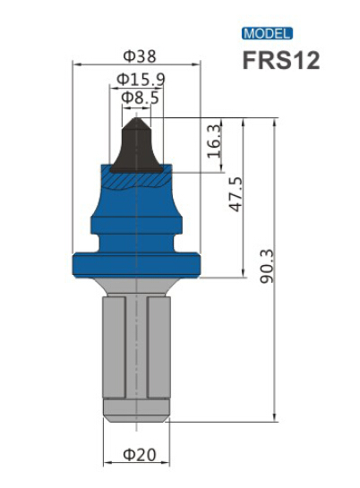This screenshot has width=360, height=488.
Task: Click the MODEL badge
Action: [267, 34]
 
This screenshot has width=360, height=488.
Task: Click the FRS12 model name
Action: [279, 61]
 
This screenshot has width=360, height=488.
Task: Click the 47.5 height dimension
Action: [236, 194]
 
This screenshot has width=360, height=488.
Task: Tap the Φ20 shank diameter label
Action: [139, 454]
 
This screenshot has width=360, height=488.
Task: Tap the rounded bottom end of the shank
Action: [136, 413]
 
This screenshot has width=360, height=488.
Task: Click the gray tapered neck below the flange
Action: [136, 288]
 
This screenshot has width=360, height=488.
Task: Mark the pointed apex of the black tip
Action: [136, 116]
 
